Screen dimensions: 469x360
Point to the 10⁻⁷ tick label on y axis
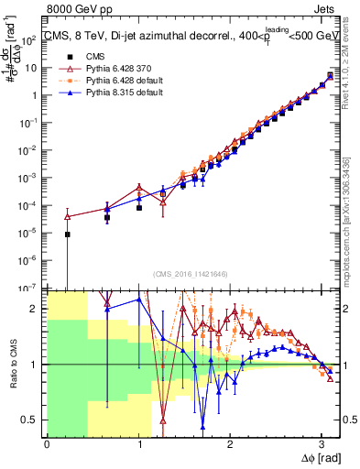tap(31, 288)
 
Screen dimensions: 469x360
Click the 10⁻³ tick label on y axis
tap(31, 178)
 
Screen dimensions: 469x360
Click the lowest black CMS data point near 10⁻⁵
tap(67, 234)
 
